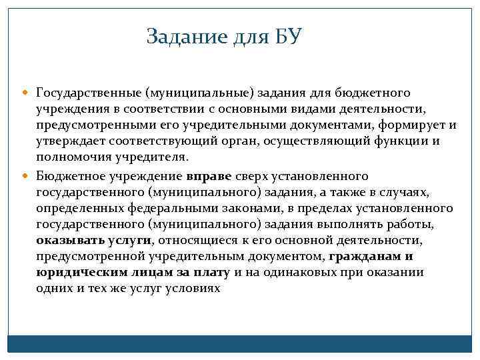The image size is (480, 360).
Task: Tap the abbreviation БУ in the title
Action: point(289,36)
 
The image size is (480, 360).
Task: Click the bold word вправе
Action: point(209,177)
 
